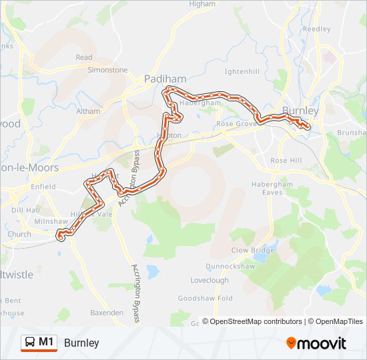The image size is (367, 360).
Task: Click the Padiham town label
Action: click(165, 79)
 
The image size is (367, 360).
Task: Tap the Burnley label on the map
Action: click(301, 111)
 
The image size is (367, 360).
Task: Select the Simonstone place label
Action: click(107, 69)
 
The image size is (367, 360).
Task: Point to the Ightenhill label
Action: click(242, 71)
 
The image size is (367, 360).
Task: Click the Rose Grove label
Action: click(236, 123)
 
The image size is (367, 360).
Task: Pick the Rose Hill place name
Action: click(286, 161)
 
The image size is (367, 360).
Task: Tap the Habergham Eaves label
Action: click(272, 188)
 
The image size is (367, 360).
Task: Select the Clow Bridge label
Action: click(253, 250)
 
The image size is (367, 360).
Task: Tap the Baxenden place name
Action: click(107, 312)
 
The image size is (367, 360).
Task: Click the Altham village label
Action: click(88, 111)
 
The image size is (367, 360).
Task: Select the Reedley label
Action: click(317, 29)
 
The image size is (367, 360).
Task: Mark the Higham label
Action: click(202, 4)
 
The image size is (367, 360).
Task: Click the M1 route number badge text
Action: click(46, 342)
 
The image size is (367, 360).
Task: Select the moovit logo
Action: click(316, 343)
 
